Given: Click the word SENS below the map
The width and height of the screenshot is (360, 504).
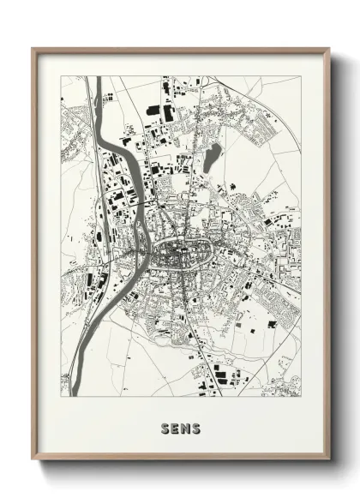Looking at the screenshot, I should tap(180, 427).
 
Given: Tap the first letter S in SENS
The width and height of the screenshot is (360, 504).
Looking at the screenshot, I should tap(165, 427).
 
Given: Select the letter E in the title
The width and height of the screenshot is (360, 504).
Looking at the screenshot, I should tap(175, 427).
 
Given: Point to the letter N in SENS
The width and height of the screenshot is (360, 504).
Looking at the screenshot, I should tap(185, 427).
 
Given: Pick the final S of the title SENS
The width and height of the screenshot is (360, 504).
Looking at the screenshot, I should tap(195, 427).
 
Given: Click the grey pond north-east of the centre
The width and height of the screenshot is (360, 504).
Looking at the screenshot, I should tap(211, 154).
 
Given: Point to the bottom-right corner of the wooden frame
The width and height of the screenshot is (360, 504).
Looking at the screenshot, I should tap(329, 459).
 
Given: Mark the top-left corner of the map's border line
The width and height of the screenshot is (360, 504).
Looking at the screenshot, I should tap(61, 76).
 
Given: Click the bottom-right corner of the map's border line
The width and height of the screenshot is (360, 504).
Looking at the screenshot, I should tap(301, 400).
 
